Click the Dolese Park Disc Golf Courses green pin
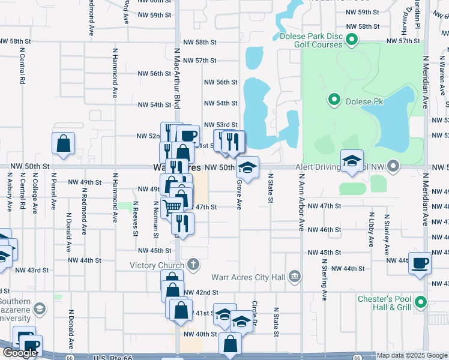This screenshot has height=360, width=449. pyautogui.click(x=352, y=41)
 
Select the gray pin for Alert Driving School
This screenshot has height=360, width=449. pyautogui.click(x=393, y=165)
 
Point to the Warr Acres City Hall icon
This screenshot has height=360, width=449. pyautogui.click(x=294, y=276)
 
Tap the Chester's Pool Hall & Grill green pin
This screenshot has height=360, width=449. pyautogui.click(x=421, y=302)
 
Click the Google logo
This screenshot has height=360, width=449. pyautogui.click(x=20, y=353)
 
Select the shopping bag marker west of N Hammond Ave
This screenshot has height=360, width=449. pyautogui.click(x=63, y=144)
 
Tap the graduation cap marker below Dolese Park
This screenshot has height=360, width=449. pyautogui.click(x=352, y=161)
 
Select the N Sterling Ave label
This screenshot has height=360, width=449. pyautogui.click(x=325, y=279)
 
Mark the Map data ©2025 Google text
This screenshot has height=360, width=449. pyautogui.click(x=412, y=355)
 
